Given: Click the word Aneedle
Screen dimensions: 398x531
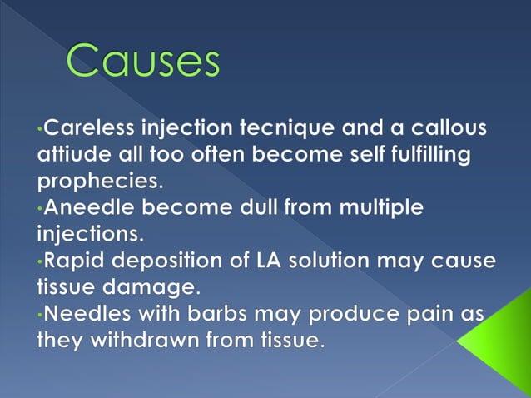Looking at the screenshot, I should (90, 208).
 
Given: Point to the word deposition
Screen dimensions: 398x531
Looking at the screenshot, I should (176, 260).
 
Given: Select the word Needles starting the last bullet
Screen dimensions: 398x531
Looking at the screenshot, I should (86, 313).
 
